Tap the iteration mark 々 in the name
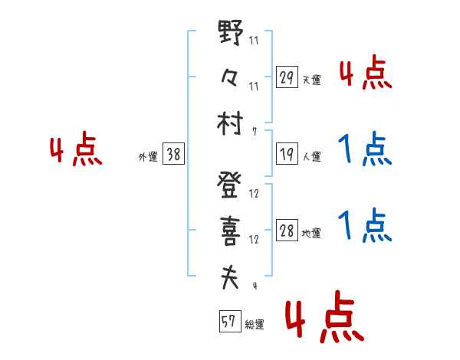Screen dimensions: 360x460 click(x=230, y=79)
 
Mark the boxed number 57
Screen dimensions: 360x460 click(x=228, y=322)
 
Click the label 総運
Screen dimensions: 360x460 click(x=254, y=325)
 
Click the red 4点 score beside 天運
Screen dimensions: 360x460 click(x=365, y=74)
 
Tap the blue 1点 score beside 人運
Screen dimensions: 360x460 click(x=365, y=150)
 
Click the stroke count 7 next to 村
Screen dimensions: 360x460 click(x=254, y=132)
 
